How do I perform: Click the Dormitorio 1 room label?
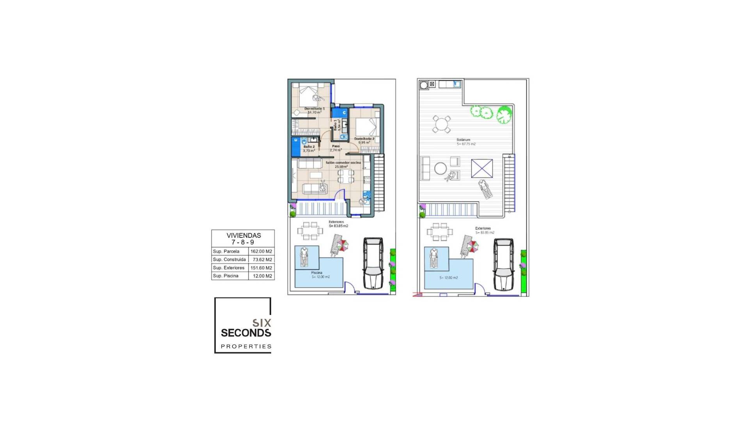point(314,109)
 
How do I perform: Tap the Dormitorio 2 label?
point(364,139)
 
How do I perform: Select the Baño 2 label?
point(309,147)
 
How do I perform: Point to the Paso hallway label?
point(335,146)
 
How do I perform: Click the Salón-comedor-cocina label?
point(343,163)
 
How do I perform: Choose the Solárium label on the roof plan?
point(463,140)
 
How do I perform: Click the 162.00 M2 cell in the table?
point(261,251)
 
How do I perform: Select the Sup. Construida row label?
point(229,260)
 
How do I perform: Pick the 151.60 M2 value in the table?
point(261,268)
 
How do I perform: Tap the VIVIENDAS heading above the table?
point(243,235)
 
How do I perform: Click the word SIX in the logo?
point(261,323)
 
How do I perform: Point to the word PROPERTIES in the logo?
point(246,346)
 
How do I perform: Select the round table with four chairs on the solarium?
point(442,124)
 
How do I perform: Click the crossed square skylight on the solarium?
point(482,168)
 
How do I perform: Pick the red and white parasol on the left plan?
point(343,245)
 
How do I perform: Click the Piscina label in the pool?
point(317,273)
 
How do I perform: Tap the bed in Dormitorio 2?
point(367,127)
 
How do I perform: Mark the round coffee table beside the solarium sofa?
point(440,168)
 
